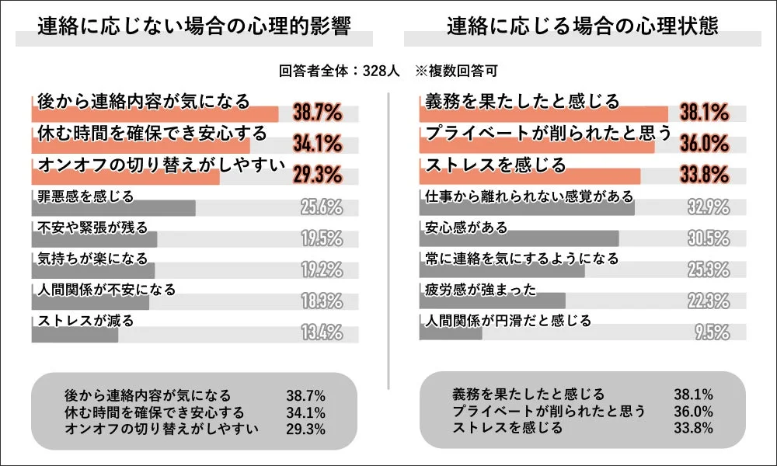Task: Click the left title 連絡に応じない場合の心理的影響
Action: click(194, 26)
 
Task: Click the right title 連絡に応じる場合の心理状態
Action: click(583, 26)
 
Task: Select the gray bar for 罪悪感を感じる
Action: click(113, 208)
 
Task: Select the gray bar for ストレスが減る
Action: click(75, 335)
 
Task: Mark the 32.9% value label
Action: click(708, 207)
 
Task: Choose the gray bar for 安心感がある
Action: click(519, 238)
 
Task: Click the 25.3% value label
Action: click(708, 270)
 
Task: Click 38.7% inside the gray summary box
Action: click(305, 396)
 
